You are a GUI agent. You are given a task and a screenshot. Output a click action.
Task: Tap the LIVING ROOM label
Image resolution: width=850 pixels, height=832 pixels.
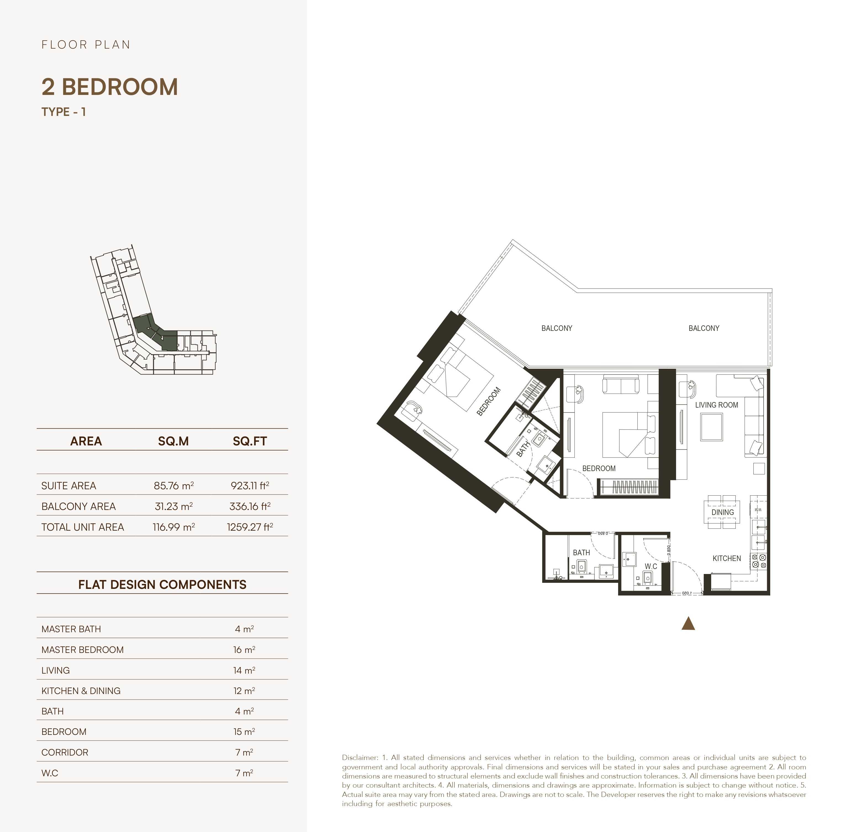[x=716, y=405]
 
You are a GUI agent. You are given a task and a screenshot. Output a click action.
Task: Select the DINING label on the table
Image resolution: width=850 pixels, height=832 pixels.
[x=722, y=512]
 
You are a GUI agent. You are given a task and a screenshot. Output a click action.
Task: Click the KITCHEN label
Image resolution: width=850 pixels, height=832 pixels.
[x=726, y=559]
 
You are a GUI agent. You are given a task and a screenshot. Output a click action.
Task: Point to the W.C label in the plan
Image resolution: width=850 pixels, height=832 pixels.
[x=651, y=566]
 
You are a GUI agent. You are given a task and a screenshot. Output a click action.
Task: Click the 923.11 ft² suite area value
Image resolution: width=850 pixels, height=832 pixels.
[x=250, y=485]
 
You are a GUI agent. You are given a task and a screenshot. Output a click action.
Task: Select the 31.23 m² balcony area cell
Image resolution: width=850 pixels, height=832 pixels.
[x=174, y=506]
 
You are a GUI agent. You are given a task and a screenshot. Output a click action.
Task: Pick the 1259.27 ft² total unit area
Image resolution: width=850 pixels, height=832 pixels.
[x=250, y=527]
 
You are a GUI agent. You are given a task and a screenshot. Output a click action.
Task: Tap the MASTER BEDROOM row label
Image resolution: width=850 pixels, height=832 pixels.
[x=82, y=650]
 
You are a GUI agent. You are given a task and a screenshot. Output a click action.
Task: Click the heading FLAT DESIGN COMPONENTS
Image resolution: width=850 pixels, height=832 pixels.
[x=162, y=585]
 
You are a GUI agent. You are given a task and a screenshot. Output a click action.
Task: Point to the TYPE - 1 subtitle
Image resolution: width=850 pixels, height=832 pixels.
[x=63, y=112]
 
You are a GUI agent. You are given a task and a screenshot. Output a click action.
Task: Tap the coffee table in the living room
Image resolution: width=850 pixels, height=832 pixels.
[x=711, y=427]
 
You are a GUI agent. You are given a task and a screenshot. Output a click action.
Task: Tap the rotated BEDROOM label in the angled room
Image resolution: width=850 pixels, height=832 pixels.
[x=488, y=402]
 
